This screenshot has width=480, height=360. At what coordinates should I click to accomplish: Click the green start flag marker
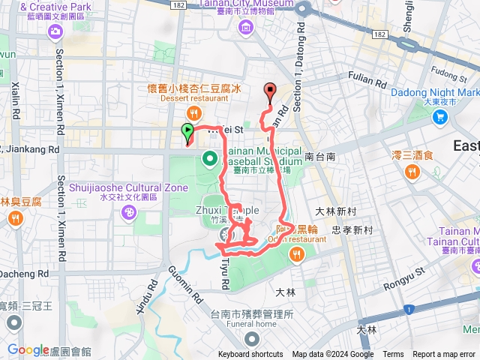186,133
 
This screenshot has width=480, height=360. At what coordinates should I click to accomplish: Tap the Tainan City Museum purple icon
246,28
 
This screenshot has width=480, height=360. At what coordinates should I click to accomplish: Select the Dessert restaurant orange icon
193,112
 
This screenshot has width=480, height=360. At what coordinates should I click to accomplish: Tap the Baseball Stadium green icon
211,158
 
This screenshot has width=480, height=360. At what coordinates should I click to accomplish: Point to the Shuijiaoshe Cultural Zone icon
130,213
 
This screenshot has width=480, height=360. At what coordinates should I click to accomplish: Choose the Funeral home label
252,324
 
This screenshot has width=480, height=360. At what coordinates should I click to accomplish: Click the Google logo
28,349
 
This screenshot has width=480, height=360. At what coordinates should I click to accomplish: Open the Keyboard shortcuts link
250,355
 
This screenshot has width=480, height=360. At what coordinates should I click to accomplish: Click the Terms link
393,355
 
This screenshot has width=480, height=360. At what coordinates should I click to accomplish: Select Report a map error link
443,355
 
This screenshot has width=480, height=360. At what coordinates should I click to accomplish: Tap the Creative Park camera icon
55,31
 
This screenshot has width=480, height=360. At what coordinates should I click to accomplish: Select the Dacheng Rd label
21,276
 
